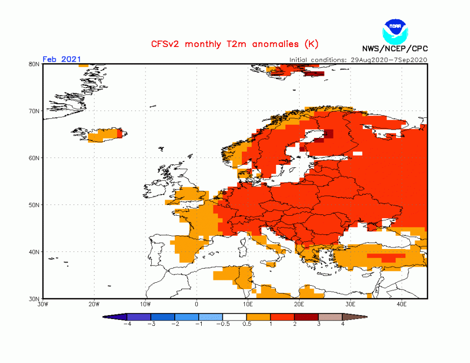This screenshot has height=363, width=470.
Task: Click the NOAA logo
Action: click(395, 30)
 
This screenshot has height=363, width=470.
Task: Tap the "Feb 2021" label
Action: click(61, 59)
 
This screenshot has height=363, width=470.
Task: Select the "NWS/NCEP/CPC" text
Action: click(395, 48)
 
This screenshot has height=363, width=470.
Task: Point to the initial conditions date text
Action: click(358, 60)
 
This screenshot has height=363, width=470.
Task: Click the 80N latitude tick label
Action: click(34, 64)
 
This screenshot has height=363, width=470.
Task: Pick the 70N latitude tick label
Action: click(34, 111)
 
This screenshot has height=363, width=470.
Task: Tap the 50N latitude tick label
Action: click(34, 205)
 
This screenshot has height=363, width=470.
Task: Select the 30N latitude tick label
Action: click(34, 298)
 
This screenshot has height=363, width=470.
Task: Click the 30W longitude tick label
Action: click(43, 305)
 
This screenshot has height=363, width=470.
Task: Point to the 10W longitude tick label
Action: click(145, 305)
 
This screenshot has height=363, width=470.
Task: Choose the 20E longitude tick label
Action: click(299, 305)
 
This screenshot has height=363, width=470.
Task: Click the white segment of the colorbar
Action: click(235, 317)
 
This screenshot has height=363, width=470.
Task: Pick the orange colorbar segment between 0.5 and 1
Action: click(258, 317)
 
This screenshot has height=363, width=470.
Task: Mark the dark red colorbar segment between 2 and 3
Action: click(306, 317)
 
